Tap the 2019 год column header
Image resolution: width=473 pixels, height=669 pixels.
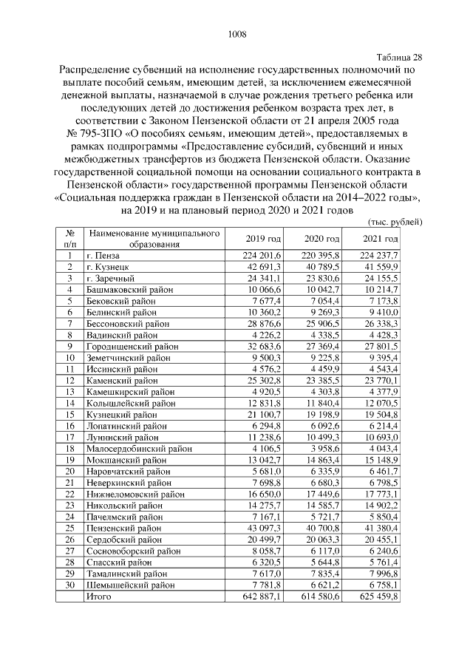point(264,239)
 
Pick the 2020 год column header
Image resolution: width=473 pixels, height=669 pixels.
point(322,239)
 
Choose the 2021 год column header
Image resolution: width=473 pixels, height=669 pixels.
point(381,239)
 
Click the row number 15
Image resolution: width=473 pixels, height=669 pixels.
point(69,417)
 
